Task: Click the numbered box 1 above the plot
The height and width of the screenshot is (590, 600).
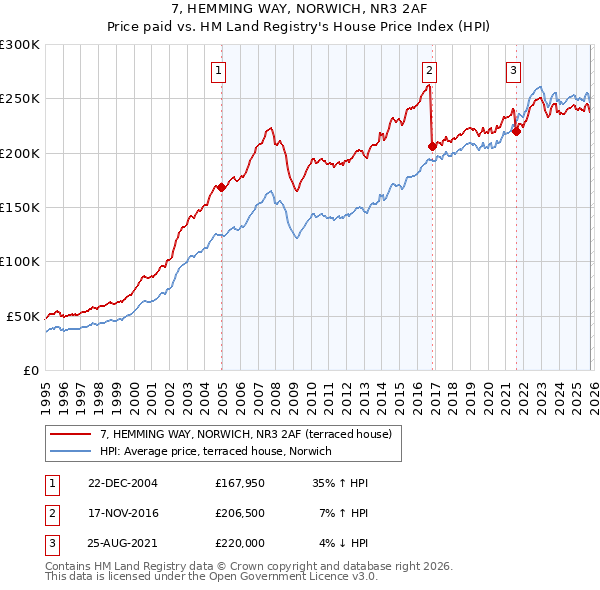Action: coord(218,70)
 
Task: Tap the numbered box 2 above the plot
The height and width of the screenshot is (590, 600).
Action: coord(429,70)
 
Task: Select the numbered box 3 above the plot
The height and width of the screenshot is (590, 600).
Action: coord(513,70)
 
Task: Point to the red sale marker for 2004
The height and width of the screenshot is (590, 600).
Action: coord(221,187)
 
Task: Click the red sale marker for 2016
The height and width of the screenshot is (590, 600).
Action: coord(432,145)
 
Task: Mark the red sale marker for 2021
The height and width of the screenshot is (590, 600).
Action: coord(517,130)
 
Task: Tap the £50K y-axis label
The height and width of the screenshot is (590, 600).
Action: coord(23,316)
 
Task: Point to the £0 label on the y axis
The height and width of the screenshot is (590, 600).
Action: coord(30,370)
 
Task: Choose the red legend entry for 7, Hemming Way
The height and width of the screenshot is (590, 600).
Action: coord(251,433)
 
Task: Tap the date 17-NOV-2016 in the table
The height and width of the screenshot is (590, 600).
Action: coord(123,513)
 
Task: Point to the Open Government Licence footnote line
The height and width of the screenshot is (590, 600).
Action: coord(211,577)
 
